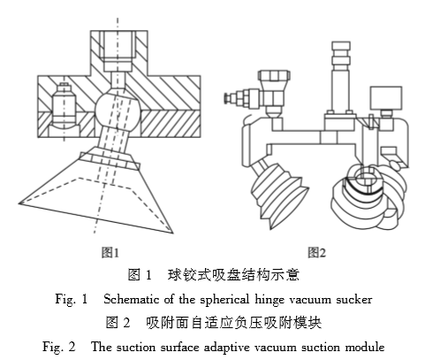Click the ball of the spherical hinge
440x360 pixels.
[118, 107]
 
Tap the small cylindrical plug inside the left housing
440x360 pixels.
[64, 103]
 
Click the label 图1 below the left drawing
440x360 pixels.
[110, 253]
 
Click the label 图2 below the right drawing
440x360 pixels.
[317, 253]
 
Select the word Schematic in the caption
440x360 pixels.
[131, 299]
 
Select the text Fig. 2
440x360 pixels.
[59, 347]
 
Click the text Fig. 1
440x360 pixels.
[72, 299]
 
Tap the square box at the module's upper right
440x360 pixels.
[386, 98]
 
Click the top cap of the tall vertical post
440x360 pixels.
[341, 46]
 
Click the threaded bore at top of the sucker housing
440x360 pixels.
[118, 50]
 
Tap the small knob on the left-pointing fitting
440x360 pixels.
[226, 98]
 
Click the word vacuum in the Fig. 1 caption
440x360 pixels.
[310, 300]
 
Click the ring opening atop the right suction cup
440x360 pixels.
[364, 176]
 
